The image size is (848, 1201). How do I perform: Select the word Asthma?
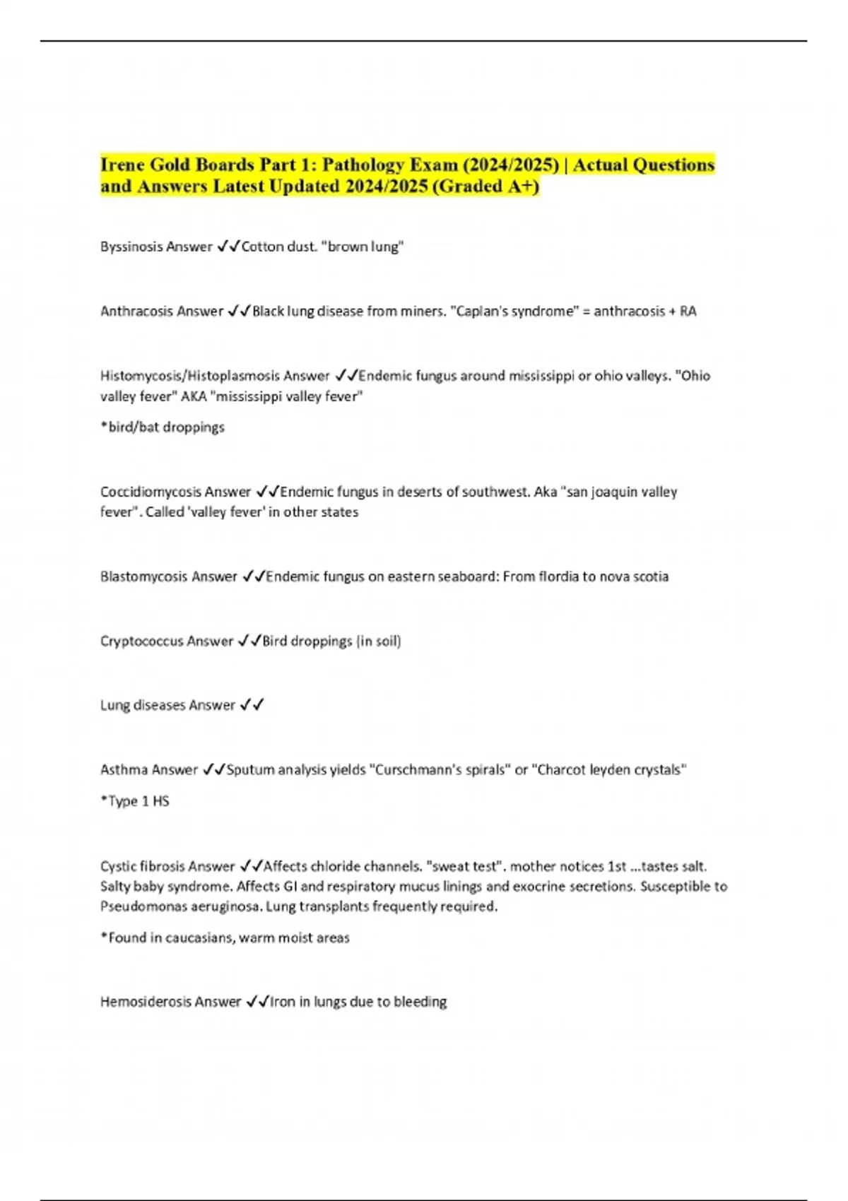click(123, 769)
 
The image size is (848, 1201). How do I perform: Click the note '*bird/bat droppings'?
click(163, 427)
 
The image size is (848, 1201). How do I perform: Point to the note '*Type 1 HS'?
click(135, 801)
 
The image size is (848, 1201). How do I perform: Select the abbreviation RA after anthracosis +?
click(688, 311)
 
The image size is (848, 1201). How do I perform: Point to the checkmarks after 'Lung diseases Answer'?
click(252, 705)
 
